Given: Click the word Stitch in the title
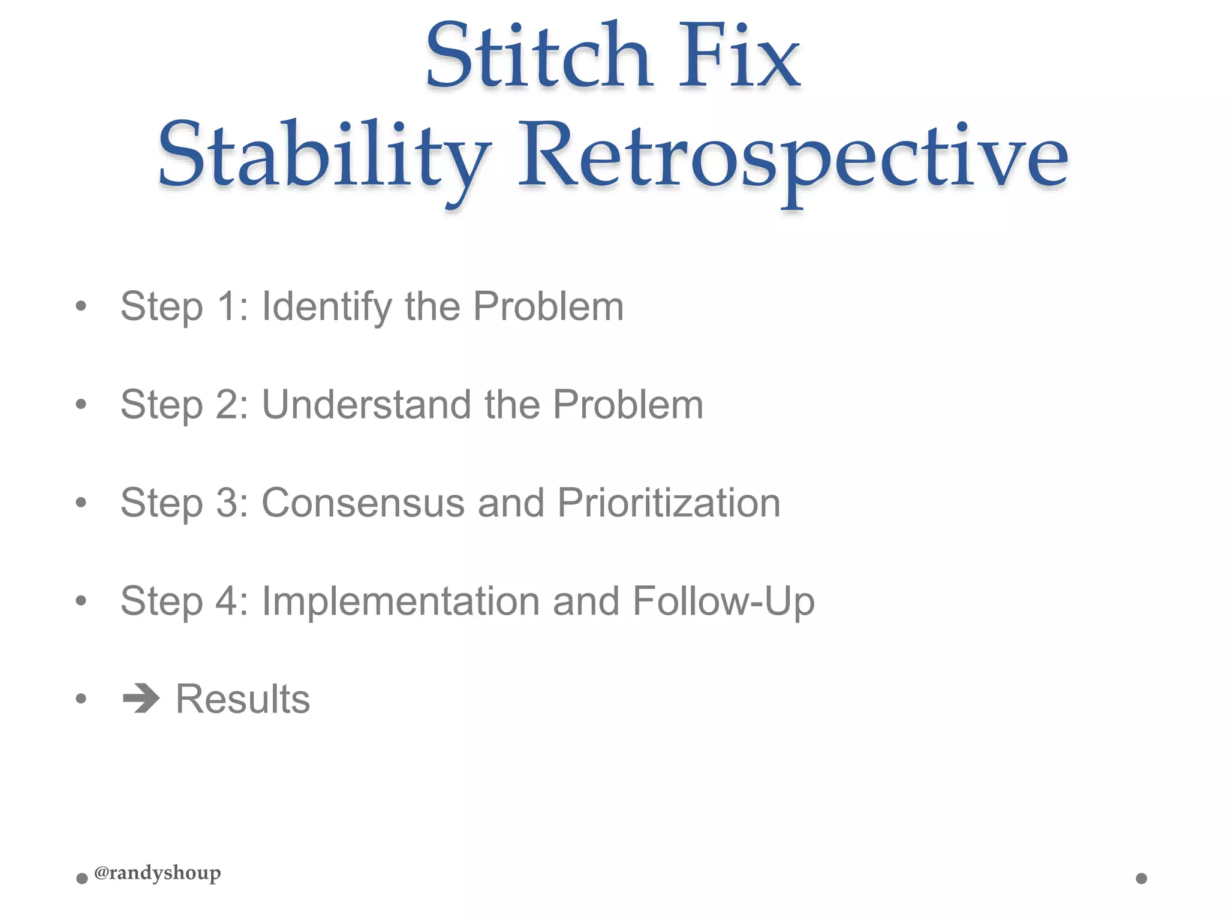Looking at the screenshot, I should [538, 57].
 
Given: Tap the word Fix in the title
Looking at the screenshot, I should [739, 57].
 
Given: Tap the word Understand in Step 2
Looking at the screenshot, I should [366, 405].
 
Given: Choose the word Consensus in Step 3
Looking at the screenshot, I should [363, 502].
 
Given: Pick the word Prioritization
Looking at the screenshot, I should [669, 502].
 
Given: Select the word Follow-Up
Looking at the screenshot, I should [723, 601].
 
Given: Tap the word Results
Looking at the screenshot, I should [242, 699].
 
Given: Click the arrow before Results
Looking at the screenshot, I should [141, 699].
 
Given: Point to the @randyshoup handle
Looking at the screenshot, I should [157, 873].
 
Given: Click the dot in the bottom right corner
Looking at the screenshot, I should [1141, 878].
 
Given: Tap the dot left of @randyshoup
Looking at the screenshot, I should [82, 879].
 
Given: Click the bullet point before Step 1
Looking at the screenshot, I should [81, 307].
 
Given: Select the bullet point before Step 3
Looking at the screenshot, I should [81, 502].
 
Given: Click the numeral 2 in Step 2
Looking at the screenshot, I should [228, 405].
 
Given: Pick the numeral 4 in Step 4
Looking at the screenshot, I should [228, 601].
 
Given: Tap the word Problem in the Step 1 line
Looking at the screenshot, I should [548, 307].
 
